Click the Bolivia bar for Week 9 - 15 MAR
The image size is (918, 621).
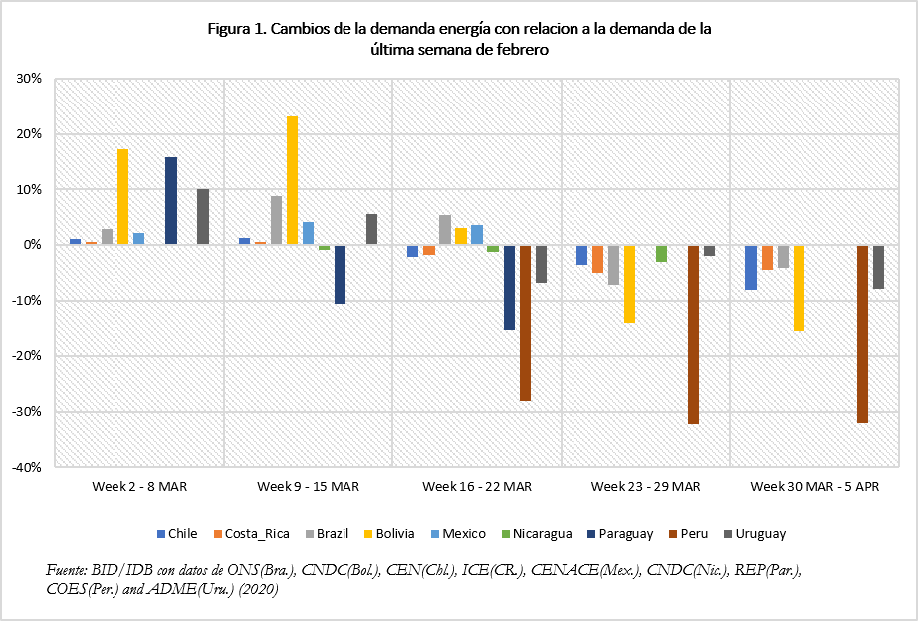tap(293, 180)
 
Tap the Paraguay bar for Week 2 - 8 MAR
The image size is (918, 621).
tap(171, 201)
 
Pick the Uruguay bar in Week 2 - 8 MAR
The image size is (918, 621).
tap(203, 217)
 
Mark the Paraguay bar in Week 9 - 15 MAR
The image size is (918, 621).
tap(340, 274)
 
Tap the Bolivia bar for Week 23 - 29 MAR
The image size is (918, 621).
tap(629, 284)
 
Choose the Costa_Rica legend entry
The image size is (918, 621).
tap(253, 534)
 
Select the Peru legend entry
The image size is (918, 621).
tap(686, 534)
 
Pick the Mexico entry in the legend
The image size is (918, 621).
tap(458, 534)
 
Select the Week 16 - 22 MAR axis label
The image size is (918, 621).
tap(477, 486)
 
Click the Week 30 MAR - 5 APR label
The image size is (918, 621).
tap(815, 486)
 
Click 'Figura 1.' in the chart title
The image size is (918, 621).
tap(235, 29)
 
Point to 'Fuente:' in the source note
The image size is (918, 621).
tap(68, 570)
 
